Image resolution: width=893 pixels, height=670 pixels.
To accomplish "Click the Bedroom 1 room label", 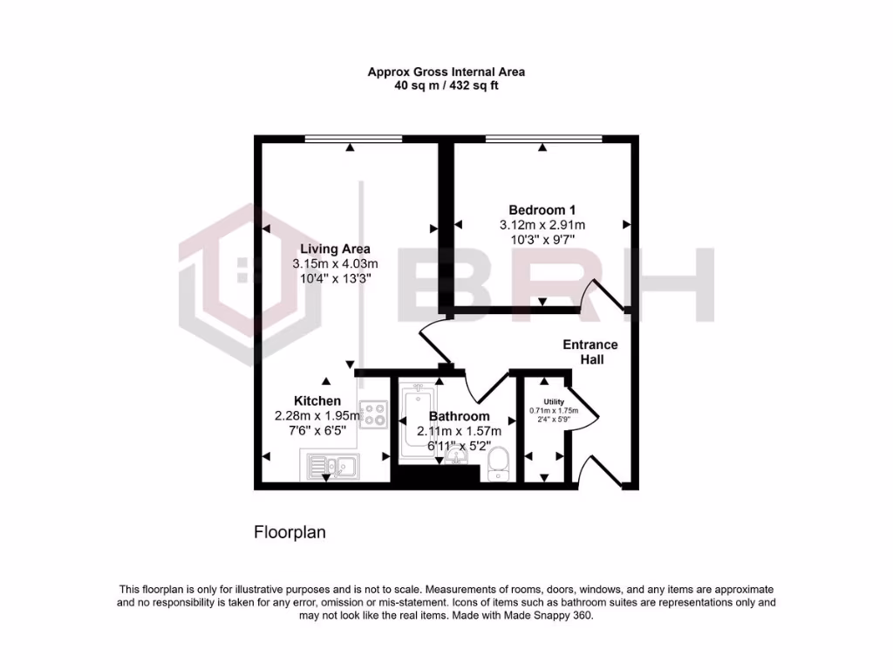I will pos(542,209).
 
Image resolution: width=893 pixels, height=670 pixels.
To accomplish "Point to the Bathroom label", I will pos(459,416).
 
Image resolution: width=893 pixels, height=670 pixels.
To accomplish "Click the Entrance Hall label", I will pos(590,352).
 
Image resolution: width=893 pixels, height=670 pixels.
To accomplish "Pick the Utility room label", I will pos(542,401).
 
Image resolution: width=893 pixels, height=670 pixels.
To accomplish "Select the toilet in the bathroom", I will pos(499,464).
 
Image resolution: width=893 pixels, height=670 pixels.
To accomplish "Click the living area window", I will pos(353,138).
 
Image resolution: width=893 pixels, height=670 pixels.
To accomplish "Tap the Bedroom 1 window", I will pos(542,138).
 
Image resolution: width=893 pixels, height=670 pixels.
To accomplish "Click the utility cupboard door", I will pos(586,406).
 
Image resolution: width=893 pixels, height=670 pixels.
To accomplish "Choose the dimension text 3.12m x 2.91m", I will pos(542,224).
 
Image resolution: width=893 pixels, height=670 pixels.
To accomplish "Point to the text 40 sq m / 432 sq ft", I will pos(446,85).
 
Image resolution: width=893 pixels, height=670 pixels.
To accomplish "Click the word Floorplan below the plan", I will pos(290,531).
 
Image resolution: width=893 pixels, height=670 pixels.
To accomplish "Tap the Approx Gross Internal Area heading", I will pos(446,72).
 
